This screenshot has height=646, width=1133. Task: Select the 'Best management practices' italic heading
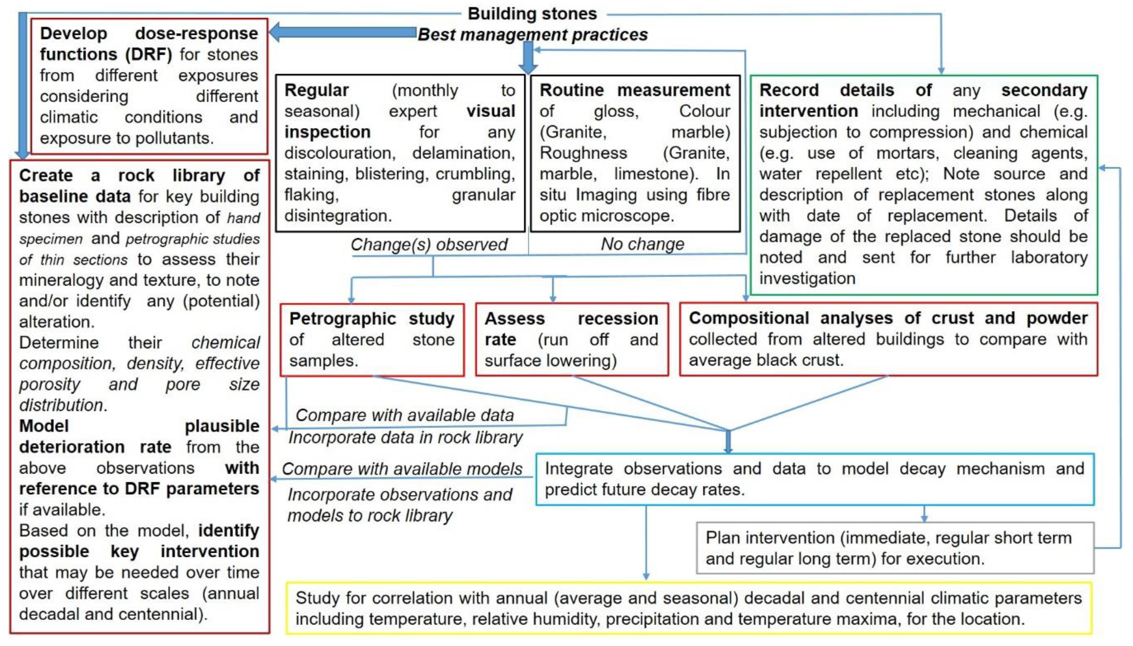pyautogui.click(x=532, y=35)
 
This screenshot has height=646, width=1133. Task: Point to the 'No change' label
pyautogui.click(x=642, y=244)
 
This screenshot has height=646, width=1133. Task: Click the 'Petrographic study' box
pyautogui.click(x=372, y=339)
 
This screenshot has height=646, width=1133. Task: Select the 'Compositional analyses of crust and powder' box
pyautogui.click(x=888, y=339)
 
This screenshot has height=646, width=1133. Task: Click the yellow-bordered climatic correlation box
pyautogui.click(x=688, y=608)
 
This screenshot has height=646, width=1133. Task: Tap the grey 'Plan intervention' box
pyautogui.click(x=894, y=548)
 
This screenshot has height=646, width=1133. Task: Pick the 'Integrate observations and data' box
pyautogui.click(x=814, y=479)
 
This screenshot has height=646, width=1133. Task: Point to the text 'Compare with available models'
pyautogui.click(x=402, y=469)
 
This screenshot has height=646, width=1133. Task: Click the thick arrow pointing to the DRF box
pyautogui.click(x=342, y=32)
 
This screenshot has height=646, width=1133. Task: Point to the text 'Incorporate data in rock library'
pyautogui.click(x=405, y=438)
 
